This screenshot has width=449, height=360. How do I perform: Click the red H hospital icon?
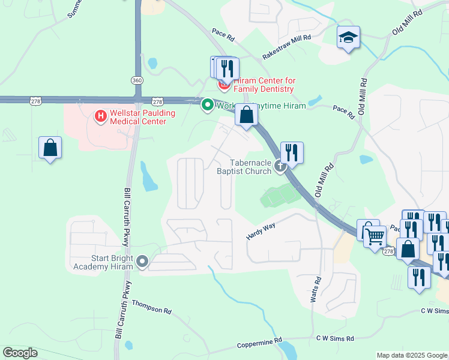point(100,115)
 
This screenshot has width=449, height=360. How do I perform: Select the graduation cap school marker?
point(348,38)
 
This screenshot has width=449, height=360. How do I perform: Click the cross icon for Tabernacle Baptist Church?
point(280,166)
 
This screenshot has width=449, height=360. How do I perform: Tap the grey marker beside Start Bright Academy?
point(142,261)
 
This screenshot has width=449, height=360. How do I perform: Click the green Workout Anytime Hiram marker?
point(208,105)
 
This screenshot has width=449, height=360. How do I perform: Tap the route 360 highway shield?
point(137,80)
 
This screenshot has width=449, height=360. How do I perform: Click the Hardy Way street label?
point(261,231)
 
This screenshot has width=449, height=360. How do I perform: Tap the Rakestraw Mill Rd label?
point(286,47)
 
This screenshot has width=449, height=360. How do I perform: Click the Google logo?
point(20,353)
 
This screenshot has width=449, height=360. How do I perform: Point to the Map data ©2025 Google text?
point(412,355)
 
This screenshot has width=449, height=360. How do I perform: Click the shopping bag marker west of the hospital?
point(50,148)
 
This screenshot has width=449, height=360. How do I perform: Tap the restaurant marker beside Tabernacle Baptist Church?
point(292,152)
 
